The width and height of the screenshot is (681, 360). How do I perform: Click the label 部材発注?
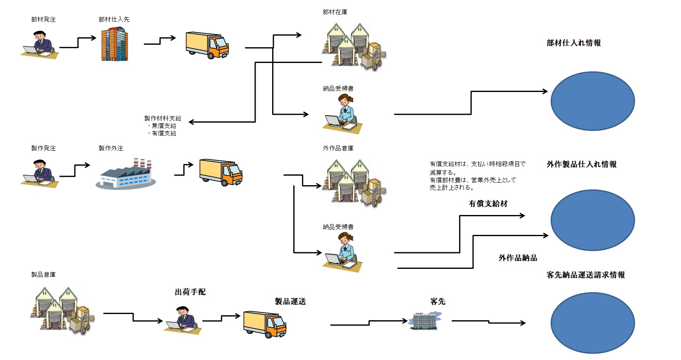[x=43, y=19]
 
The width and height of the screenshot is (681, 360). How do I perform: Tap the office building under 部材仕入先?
[x=114, y=44]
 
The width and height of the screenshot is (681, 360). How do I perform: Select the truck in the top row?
[x=207, y=45]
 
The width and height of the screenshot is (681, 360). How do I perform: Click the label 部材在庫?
[x=335, y=12]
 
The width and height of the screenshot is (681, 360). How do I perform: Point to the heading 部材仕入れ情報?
[x=573, y=43]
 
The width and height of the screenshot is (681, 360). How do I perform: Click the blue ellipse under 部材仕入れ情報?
[x=592, y=101]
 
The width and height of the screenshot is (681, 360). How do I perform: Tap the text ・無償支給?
[x=162, y=126]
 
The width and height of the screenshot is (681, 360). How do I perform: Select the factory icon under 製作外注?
[x=126, y=174]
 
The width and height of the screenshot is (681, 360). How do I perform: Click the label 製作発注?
[x=43, y=148]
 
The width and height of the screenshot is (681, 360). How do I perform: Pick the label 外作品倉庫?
[x=338, y=148]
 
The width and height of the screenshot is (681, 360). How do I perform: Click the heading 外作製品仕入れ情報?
[x=581, y=164]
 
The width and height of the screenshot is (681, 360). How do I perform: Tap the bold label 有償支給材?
[x=488, y=204]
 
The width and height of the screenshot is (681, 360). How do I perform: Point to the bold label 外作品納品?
[x=517, y=258]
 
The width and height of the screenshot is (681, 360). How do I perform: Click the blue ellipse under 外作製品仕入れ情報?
[x=592, y=220]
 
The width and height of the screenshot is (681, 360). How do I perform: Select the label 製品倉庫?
[x=43, y=275]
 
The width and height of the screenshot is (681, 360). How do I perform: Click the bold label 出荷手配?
[x=190, y=292]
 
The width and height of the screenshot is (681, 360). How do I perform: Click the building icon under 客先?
[x=425, y=321]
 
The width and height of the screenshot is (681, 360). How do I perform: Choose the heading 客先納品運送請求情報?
[x=585, y=275]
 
